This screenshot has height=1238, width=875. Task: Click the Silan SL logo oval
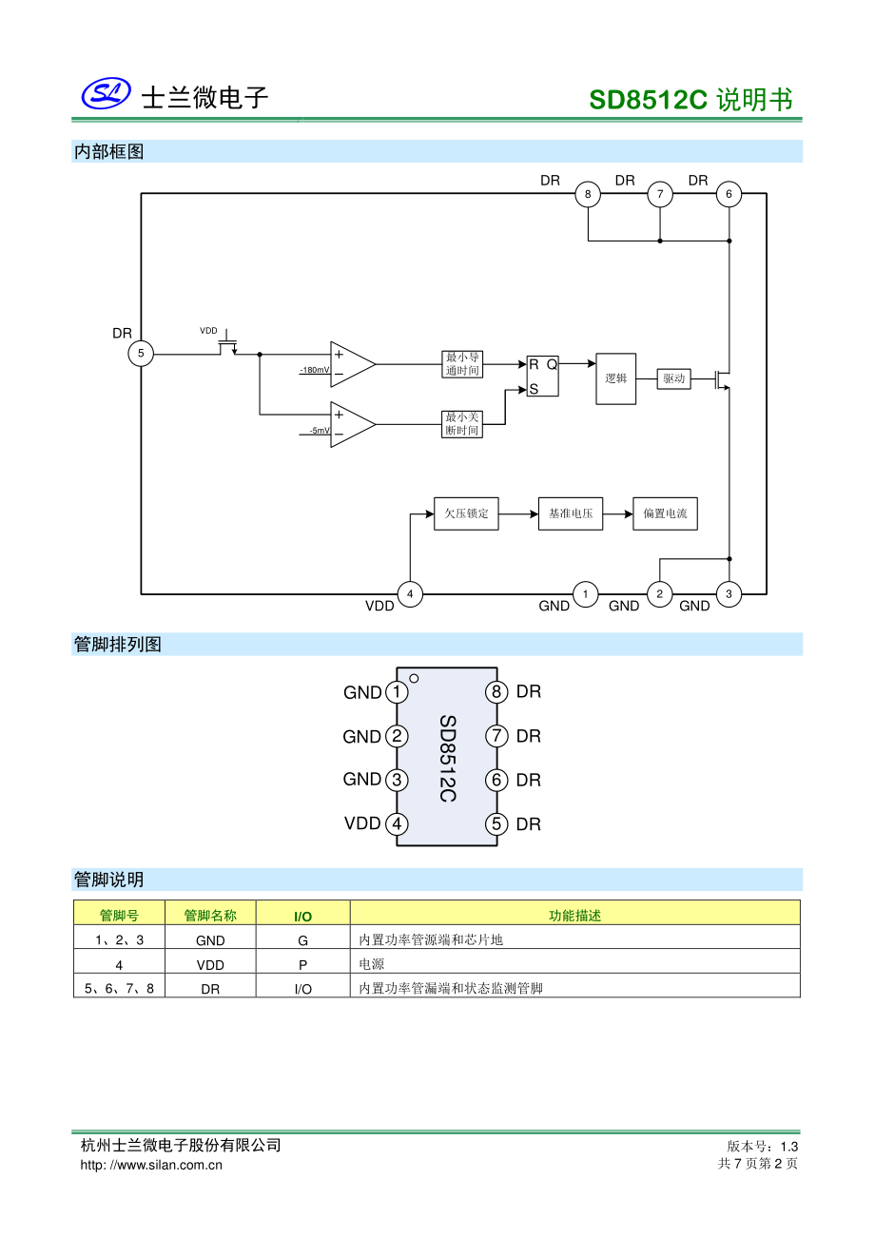pyautogui.click(x=106, y=93)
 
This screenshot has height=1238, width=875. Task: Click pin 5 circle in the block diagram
pyautogui.click(x=141, y=354)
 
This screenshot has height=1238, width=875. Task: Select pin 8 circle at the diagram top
pyautogui.click(x=588, y=195)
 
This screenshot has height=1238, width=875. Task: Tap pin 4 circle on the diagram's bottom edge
pyautogui.click(x=410, y=594)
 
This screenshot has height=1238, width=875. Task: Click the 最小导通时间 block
pyautogui.click(x=462, y=364)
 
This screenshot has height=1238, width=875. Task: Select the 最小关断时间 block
pyautogui.click(x=462, y=424)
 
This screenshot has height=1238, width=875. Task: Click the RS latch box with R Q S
pyautogui.click(x=543, y=377)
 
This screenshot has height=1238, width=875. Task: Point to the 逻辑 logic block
pyautogui.click(x=615, y=378)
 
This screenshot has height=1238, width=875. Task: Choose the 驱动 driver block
pyautogui.click(x=673, y=378)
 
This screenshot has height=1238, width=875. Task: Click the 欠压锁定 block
pyautogui.click(x=466, y=513)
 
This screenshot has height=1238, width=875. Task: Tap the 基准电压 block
pyautogui.click(x=571, y=513)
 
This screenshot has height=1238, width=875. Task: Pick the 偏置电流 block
pyautogui.click(x=665, y=513)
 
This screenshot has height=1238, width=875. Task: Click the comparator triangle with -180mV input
pyautogui.click(x=352, y=364)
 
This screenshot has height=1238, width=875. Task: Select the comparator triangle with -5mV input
pyautogui.click(x=352, y=424)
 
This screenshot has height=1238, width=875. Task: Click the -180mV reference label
pyautogui.click(x=315, y=370)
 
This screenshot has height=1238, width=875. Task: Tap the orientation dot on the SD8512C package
pyautogui.click(x=414, y=678)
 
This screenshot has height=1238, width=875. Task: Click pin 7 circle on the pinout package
pyautogui.click(x=496, y=736)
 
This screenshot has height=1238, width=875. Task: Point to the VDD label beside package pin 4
pyautogui.click(x=362, y=823)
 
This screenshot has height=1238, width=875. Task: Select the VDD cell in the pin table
pyautogui.click(x=210, y=964)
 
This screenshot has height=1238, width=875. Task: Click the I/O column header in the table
pyautogui.click(x=302, y=916)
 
